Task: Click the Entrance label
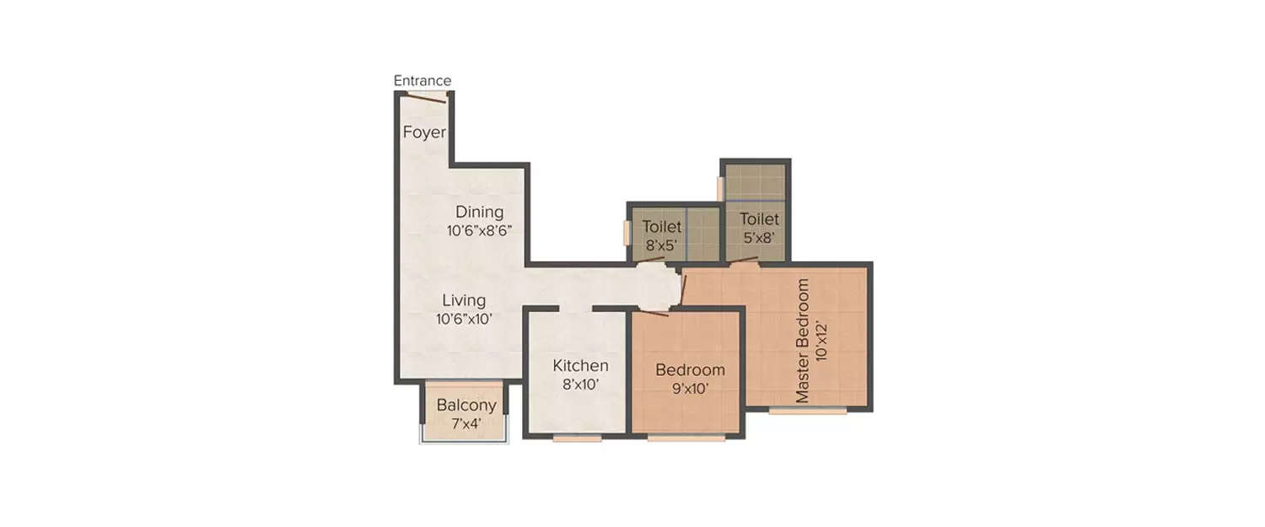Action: point(423,80)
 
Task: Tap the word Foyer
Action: point(424,132)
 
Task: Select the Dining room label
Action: point(480,212)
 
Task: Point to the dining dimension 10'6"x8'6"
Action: point(480,230)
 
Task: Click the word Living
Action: point(464,300)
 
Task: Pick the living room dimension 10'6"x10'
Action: point(464,319)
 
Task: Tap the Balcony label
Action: point(466,405)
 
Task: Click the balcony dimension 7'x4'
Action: point(466,423)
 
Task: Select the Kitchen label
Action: point(580,365)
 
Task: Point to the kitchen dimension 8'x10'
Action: point(580,384)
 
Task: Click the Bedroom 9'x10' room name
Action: point(690,370)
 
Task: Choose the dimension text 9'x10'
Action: point(690,389)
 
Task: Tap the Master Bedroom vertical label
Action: point(802,341)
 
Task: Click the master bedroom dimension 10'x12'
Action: point(821,341)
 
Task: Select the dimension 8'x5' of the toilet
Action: point(661,245)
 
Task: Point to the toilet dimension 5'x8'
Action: point(759,238)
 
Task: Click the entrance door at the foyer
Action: point(427,97)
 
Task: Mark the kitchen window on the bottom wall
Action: point(577,438)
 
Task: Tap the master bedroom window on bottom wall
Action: point(808,411)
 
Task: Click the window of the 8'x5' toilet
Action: point(627,233)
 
